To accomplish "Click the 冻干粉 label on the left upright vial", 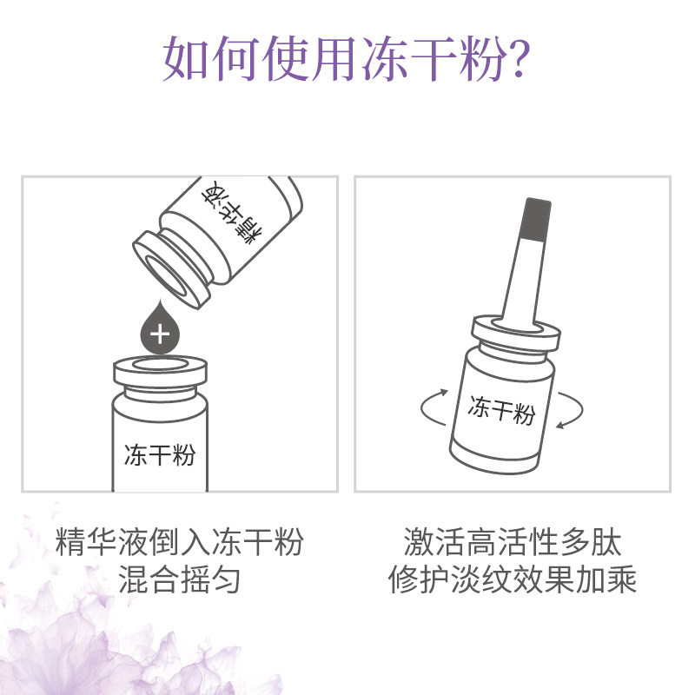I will point(160,455).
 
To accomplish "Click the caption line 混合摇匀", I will point(179,579).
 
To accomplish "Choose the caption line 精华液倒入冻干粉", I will point(179,542).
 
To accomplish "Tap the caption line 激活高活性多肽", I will point(513,542).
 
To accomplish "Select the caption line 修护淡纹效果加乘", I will point(513,579).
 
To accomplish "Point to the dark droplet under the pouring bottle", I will point(160,328).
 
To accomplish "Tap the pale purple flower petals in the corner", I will point(52,643).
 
